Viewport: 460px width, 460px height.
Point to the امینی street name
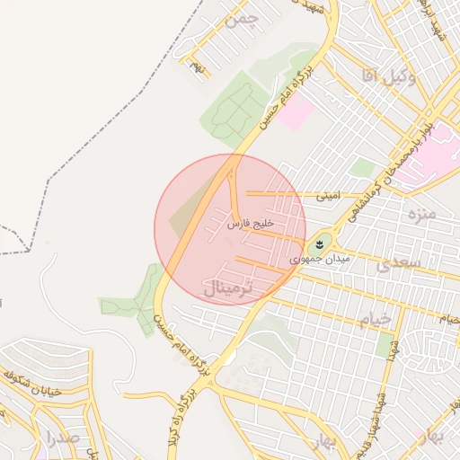pyautogui.click(x=327, y=195)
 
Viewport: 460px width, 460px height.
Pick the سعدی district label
pyautogui.click(x=397, y=263)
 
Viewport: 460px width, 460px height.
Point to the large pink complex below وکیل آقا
pyautogui.click(x=429, y=153)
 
